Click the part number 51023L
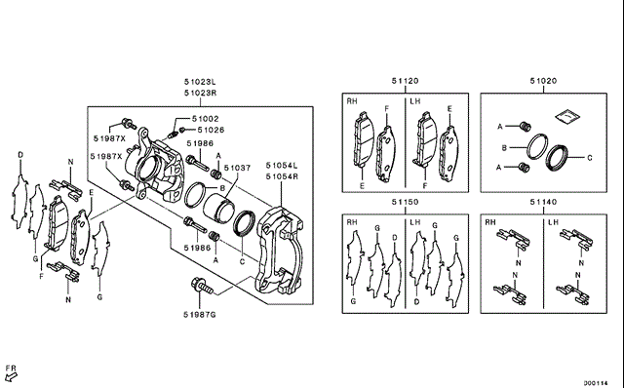tap(200, 82)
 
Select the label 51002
tap(206, 119)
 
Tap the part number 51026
tap(211, 130)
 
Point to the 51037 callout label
tap(237, 168)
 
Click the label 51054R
tap(282, 176)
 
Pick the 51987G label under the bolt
tap(199, 315)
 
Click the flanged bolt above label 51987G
tap(202, 286)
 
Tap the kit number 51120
tap(406, 81)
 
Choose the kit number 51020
tap(543, 81)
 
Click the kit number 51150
tap(406, 202)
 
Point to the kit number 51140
tap(543, 202)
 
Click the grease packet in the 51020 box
tap(567, 116)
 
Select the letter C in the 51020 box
tap(589, 158)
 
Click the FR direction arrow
tap(11, 376)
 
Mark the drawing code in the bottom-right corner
tap(596, 383)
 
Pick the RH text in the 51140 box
tap(490, 222)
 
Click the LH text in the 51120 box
tap(415, 101)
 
